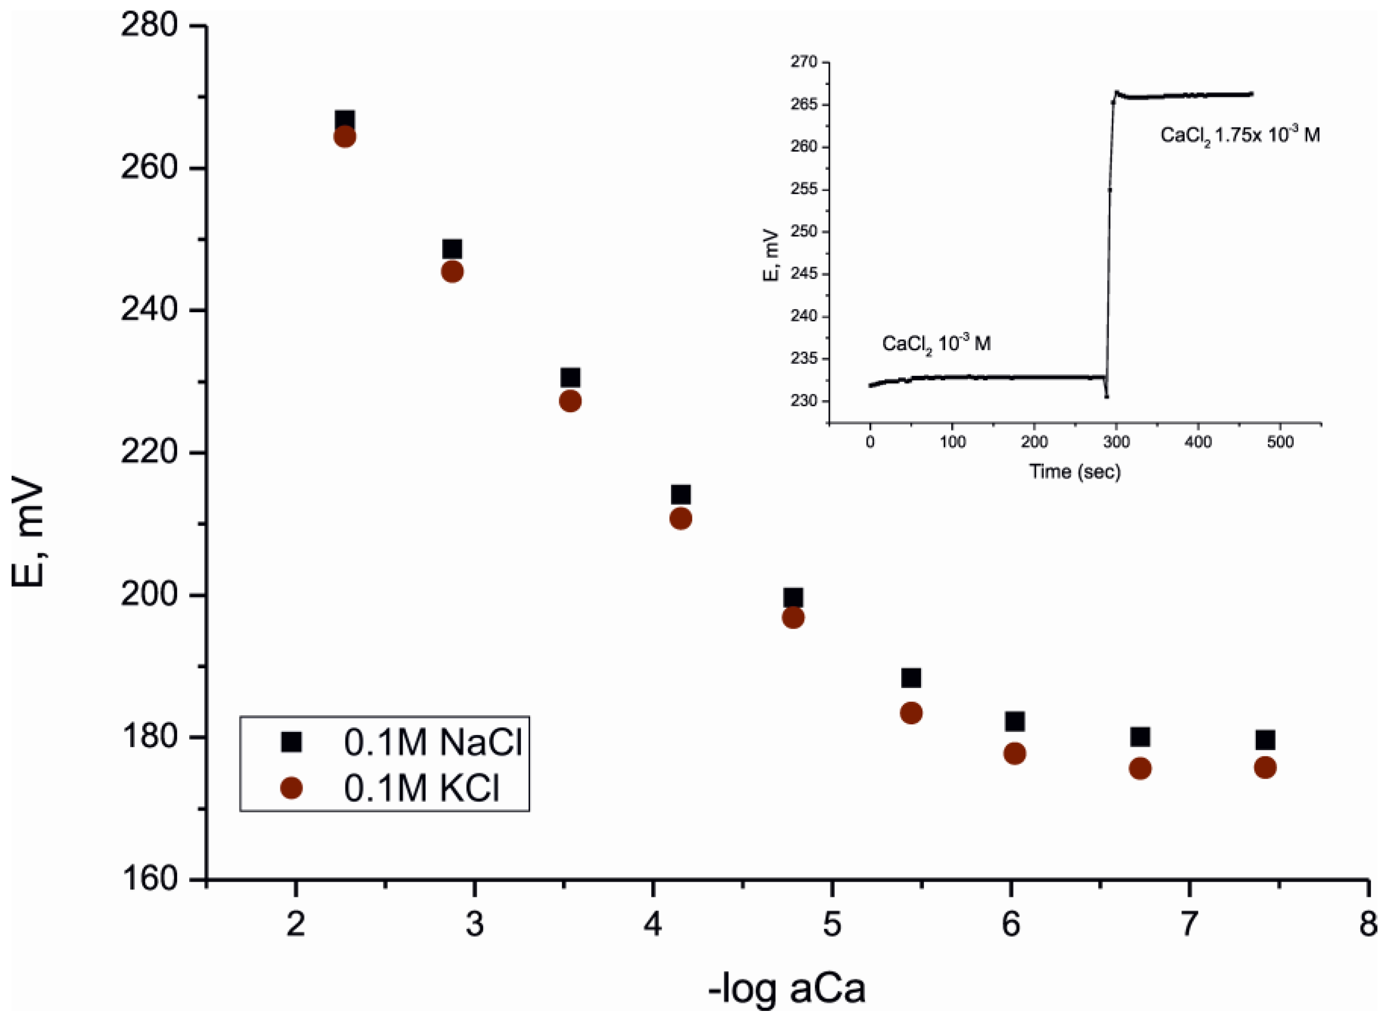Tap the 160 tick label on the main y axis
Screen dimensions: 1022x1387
tap(148, 879)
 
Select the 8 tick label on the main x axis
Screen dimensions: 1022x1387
tap(1367, 924)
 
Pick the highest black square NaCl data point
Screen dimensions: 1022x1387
tap(344, 120)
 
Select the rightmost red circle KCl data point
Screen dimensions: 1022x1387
tap(1264, 768)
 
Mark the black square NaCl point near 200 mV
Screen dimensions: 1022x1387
tap(793, 598)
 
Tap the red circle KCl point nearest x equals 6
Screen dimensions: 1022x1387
tap(1014, 754)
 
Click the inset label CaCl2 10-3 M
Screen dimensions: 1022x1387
tap(936, 344)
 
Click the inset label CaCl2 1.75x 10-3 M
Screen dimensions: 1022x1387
tap(1239, 135)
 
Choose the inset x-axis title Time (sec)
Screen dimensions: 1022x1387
tap(1074, 472)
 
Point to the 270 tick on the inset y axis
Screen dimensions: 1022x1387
tap(803, 62)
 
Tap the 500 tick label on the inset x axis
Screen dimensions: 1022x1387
tap(1280, 442)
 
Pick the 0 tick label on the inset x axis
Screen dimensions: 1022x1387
tap(870, 442)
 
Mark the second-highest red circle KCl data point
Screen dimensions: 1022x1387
tap(452, 271)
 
